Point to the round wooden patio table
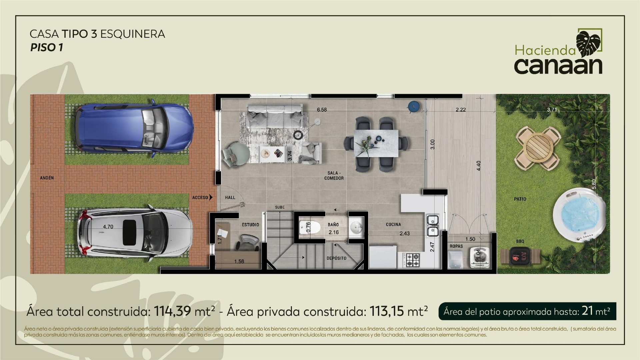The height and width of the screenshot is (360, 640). click(x=538, y=148)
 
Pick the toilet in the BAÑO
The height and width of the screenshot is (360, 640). click(x=310, y=227)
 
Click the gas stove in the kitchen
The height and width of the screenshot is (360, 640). click(x=412, y=260)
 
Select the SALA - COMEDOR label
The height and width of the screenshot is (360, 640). click(x=334, y=176)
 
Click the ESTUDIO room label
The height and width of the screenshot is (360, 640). click(x=250, y=225)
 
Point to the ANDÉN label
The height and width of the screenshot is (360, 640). click(x=47, y=178)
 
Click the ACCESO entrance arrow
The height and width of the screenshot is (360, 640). click(x=211, y=197)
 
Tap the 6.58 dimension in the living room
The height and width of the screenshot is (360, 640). click(x=322, y=110)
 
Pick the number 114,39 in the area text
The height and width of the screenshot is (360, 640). click(x=172, y=311)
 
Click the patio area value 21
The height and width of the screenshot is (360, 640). click(x=587, y=311)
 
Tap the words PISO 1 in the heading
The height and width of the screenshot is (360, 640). click(x=46, y=48)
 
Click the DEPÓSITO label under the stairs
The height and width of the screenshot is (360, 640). click(x=336, y=258)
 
